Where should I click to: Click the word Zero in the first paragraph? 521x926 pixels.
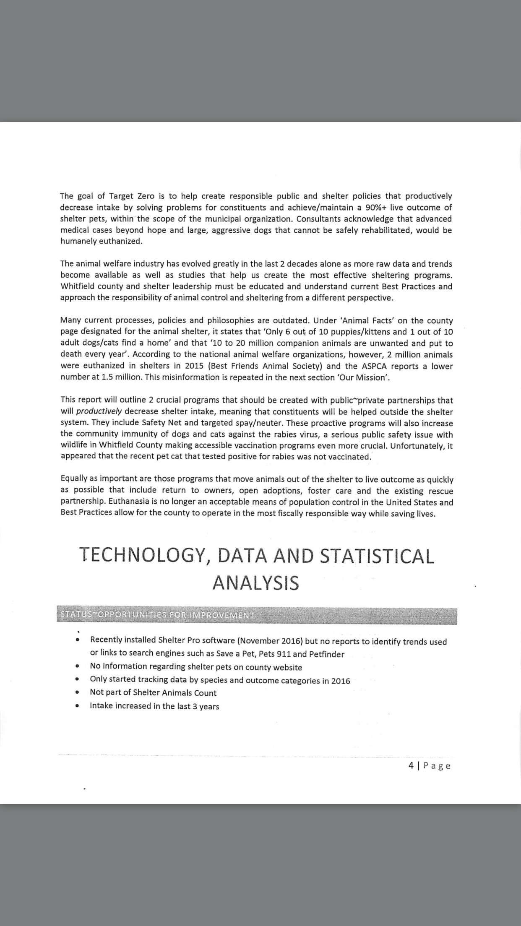tap(146, 196)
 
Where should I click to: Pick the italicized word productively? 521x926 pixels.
tap(99, 411)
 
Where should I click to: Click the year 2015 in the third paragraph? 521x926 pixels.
tap(194, 366)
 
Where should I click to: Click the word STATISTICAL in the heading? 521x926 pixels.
tap(377, 556)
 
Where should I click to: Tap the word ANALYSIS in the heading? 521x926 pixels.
tap(255, 583)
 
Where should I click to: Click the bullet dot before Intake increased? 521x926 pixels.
tap(77, 706)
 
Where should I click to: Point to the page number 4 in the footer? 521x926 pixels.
tap(411, 765)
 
